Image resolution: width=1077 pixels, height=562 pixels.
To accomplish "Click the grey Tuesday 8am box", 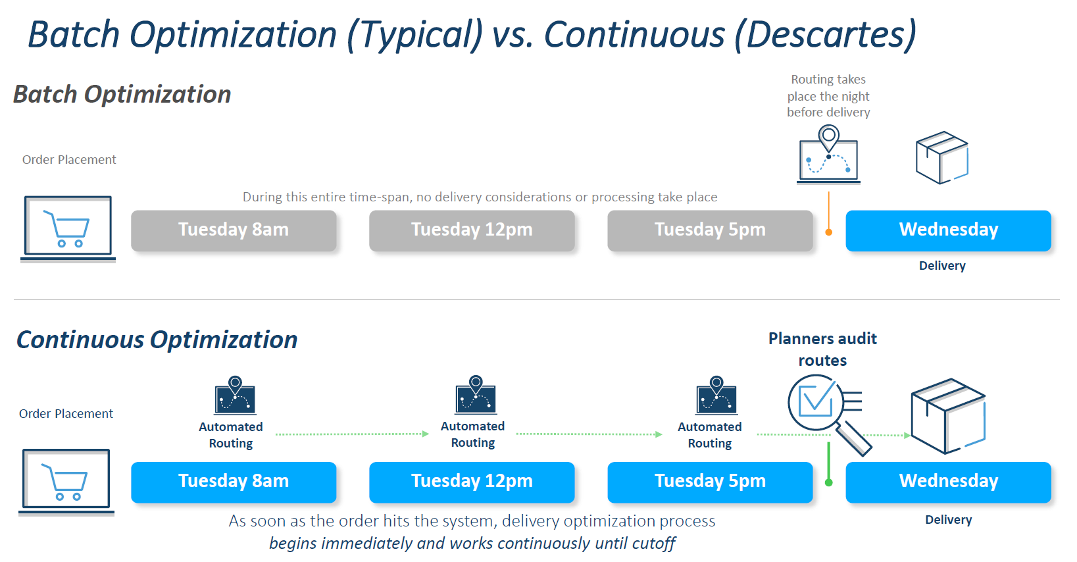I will pos(234,230).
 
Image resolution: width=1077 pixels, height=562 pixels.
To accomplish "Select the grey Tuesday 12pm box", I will pos(472,230).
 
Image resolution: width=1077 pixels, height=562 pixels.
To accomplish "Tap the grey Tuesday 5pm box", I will pos(710,230).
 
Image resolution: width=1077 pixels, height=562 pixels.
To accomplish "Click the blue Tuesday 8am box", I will pos(234,482).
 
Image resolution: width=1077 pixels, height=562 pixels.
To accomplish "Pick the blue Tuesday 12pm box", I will pos(472,482).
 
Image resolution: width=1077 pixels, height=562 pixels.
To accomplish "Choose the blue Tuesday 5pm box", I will pos(710,482).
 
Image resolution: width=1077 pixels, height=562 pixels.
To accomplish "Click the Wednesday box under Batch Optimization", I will pos(948,230).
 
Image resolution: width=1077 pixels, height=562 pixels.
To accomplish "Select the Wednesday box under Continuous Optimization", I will pos(948,482).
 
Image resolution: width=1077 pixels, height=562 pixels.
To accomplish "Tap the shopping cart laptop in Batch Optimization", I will pos(68,228).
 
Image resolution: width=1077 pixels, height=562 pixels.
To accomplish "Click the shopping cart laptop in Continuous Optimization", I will pos(66,481).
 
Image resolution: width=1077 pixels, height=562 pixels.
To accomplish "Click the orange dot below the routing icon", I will pos(829,232).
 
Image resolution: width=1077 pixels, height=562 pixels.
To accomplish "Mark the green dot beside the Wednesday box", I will pos(829,483).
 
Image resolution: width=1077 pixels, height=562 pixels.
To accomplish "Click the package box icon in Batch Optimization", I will pos(941,158).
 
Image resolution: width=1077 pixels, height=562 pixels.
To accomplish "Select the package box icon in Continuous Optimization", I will pos(947,416).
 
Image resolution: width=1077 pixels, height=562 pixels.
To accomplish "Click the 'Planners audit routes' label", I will pos(822,349).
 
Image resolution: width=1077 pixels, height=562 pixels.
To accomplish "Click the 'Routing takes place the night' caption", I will pos(828,96).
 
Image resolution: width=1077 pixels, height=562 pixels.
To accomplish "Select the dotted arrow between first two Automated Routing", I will pos(351,434).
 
